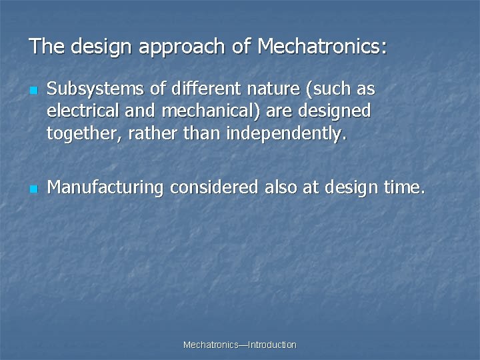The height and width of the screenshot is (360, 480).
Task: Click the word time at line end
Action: tap(403, 187)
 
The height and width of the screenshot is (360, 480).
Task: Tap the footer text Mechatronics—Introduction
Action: tap(239, 345)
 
